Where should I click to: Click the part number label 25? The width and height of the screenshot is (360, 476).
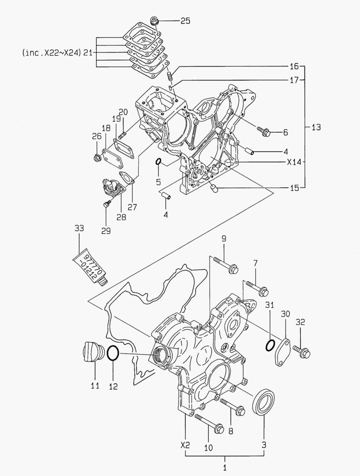pyautogui.click(x=185, y=21)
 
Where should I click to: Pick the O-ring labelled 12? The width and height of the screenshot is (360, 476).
pyautogui.click(x=113, y=353)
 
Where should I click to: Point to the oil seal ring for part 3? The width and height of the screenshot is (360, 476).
pyautogui.click(x=263, y=401)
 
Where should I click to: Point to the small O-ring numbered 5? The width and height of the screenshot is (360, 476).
pyautogui.click(x=158, y=163)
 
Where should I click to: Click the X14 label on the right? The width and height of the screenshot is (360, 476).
pyautogui.click(x=293, y=162)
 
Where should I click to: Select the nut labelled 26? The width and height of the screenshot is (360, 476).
pyautogui.click(x=97, y=157)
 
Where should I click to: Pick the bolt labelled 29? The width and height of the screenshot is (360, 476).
pyautogui.click(x=106, y=204)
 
